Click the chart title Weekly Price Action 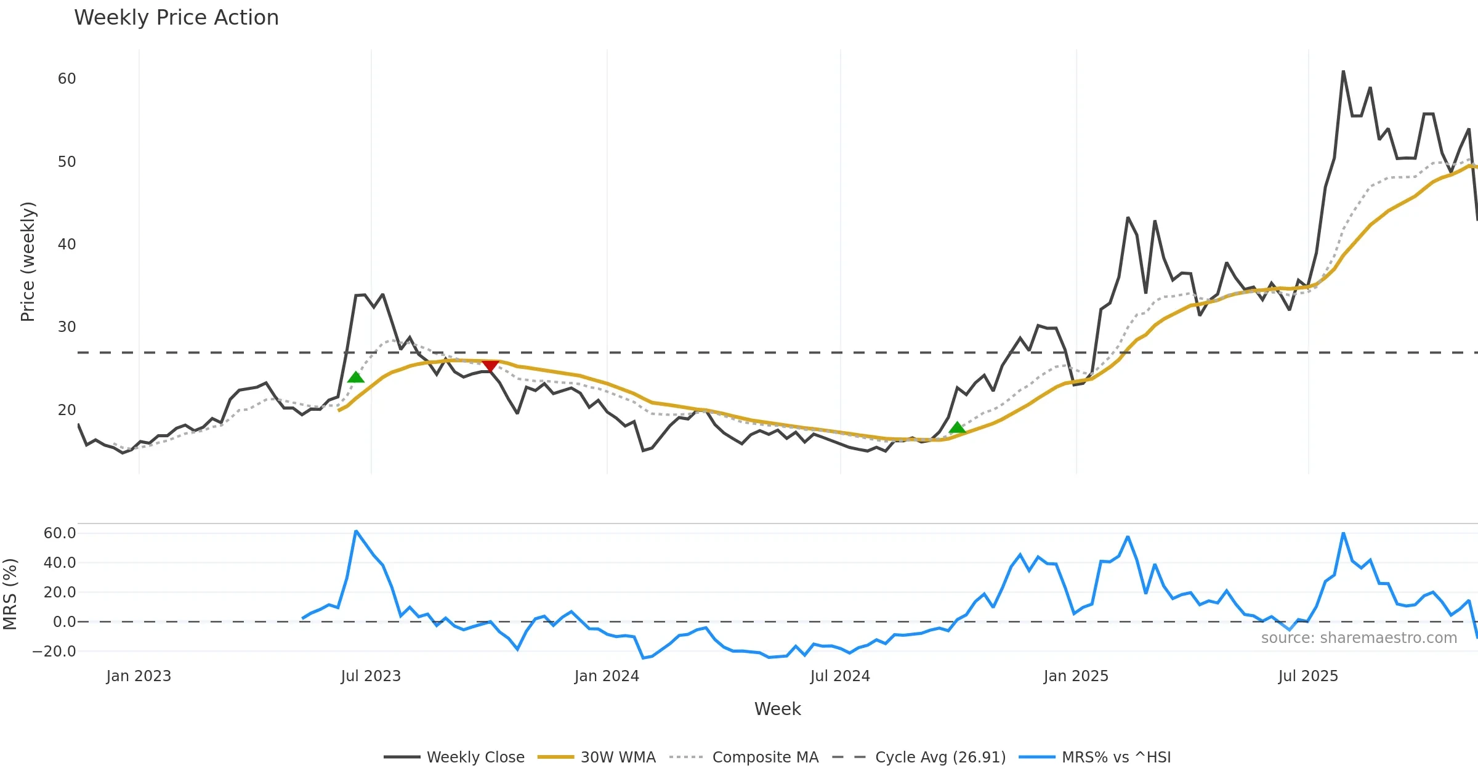[176, 18]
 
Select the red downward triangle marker [490, 366]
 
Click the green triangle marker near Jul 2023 [356, 377]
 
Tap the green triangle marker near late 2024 [957, 427]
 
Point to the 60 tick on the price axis [67, 79]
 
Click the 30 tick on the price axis [67, 327]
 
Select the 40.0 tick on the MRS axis [60, 563]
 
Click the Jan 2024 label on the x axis [607, 676]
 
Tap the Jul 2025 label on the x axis [1308, 676]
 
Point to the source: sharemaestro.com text [1359, 638]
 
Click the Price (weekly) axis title [28, 262]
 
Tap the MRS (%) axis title [10, 594]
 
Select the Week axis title [777, 709]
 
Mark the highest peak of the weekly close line [1343, 71]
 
